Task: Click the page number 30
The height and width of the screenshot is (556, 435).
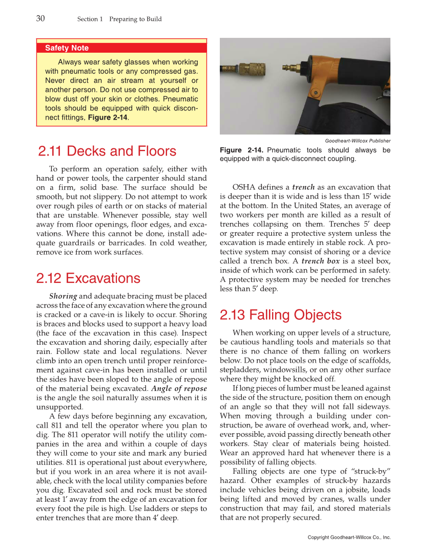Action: click(40, 18)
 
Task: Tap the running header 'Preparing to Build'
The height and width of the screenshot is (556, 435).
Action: click(135, 19)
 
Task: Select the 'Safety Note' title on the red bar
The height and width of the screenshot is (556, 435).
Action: click(67, 48)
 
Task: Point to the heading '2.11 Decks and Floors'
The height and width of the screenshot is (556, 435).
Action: click(107, 151)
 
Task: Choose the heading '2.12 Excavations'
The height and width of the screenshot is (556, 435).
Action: click(88, 278)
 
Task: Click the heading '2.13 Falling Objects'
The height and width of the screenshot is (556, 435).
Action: click(280, 315)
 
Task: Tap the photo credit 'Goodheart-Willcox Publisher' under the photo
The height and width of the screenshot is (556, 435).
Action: click(358, 141)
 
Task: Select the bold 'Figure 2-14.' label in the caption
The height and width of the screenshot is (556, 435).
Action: click(241, 150)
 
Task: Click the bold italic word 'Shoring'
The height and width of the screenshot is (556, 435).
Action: click(63, 296)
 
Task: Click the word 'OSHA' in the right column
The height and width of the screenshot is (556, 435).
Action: click(243, 187)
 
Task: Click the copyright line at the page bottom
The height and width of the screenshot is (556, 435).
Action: click(349, 538)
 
